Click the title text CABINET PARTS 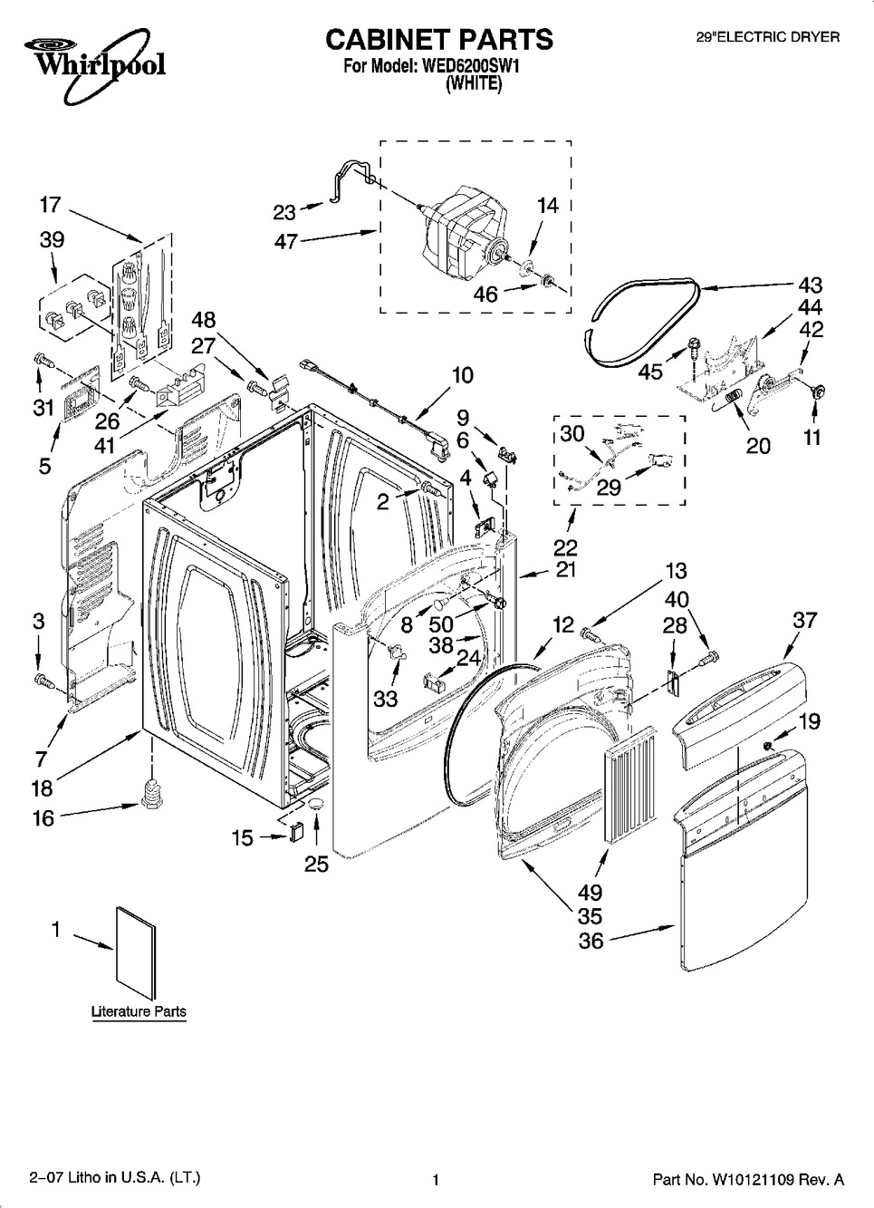coord(438,40)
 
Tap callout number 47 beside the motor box coord(286,242)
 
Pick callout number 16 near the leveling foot coord(43,817)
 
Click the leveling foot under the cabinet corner coord(151,790)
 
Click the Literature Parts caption coord(139,1011)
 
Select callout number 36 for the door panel coord(591,942)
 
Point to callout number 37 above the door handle coord(804,620)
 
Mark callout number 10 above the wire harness coord(462,375)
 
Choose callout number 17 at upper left coord(49,205)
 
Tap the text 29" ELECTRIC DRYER coord(766,37)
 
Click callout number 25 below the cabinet coord(316,864)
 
